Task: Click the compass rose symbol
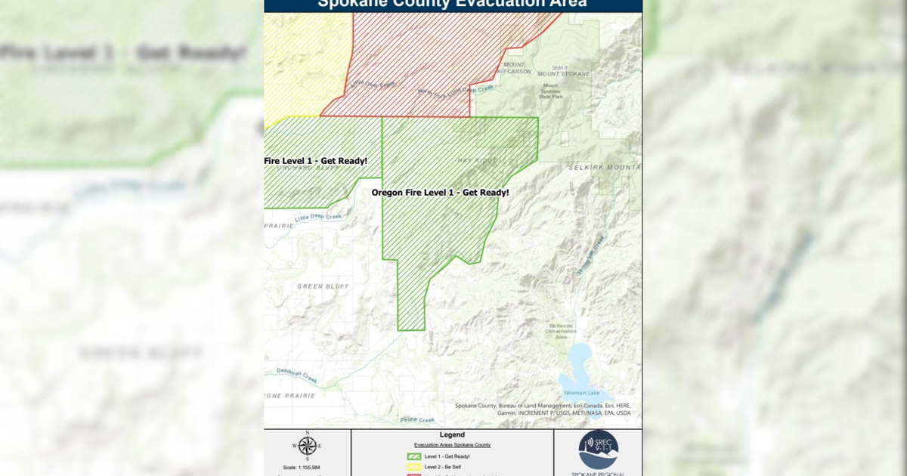(x=307, y=446)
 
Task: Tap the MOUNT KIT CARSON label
(x=514, y=68)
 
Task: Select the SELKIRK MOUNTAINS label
(x=605, y=167)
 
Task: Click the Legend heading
(x=452, y=435)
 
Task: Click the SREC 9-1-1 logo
(x=598, y=450)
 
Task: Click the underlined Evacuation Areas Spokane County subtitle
(x=452, y=445)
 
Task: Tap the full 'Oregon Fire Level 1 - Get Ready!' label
(x=440, y=193)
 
